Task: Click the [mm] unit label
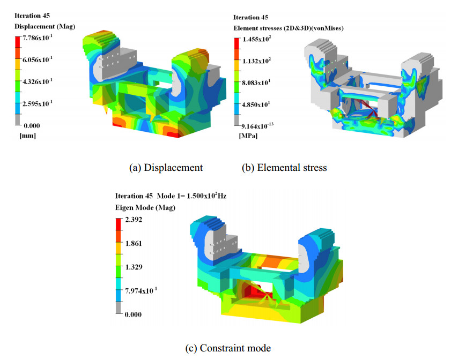coord(27,135)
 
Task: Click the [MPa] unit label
coord(247,136)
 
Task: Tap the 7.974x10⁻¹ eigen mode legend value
coord(141,290)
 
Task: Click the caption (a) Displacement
coord(166,168)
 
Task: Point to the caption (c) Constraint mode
coord(228,348)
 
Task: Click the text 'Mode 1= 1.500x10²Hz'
coord(191,196)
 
